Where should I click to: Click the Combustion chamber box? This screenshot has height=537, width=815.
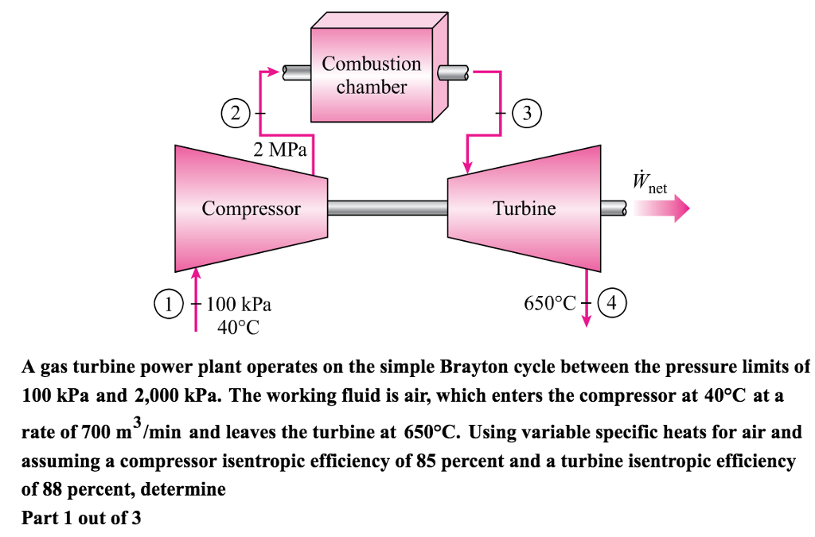(371, 76)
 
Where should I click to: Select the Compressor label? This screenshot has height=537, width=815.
(251, 209)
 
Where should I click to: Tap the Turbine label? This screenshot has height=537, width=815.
(524, 209)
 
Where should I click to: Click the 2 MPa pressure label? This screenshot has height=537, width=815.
(279, 150)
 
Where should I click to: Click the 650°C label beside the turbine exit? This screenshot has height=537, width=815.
(549, 304)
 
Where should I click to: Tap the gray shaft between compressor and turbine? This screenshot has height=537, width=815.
(388, 208)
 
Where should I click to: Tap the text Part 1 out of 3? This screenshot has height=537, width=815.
(81, 518)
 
